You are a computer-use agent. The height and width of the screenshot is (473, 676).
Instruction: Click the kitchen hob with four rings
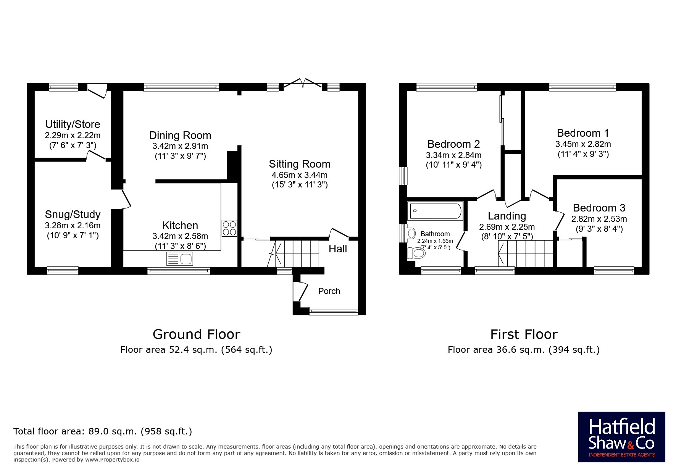click(x=229, y=228)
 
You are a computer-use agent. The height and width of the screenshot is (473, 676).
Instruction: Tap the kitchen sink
click(x=180, y=259)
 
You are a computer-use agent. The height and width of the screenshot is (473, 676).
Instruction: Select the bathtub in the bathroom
click(x=436, y=211)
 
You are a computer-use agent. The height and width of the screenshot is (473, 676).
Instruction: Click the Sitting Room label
click(x=300, y=164)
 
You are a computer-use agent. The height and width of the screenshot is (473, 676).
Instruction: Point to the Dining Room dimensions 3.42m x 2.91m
click(x=180, y=146)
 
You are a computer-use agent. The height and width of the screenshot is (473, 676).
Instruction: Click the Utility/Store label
click(x=73, y=124)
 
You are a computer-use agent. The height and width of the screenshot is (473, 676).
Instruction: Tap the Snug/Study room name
click(x=73, y=215)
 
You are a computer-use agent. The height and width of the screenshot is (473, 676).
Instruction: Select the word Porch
click(x=329, y=291)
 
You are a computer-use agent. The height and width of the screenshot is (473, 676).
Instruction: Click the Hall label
click(x=338, y=249)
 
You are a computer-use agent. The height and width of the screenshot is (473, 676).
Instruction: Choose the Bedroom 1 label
click(x=583, y=133)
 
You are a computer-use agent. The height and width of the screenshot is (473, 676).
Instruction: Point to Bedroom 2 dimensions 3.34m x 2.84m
click(x=453, y=155)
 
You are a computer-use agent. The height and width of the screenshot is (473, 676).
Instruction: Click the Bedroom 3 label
click(x=599, y=208)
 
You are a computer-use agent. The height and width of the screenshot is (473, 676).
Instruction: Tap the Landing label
click(x=507, y=216)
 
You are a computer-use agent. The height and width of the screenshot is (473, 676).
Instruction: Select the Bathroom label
click(x=435, y=234)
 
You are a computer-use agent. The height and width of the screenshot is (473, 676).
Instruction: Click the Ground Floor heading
click(x=196, y=334)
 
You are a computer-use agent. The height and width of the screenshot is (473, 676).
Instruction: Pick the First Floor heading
click(x=524, y=334)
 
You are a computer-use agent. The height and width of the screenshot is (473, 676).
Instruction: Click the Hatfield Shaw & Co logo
click(x=621, y=437)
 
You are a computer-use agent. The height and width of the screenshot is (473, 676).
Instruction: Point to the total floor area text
click(x=103, y=431)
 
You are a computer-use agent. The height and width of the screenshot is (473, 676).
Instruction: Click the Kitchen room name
click(x=180, y=225)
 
